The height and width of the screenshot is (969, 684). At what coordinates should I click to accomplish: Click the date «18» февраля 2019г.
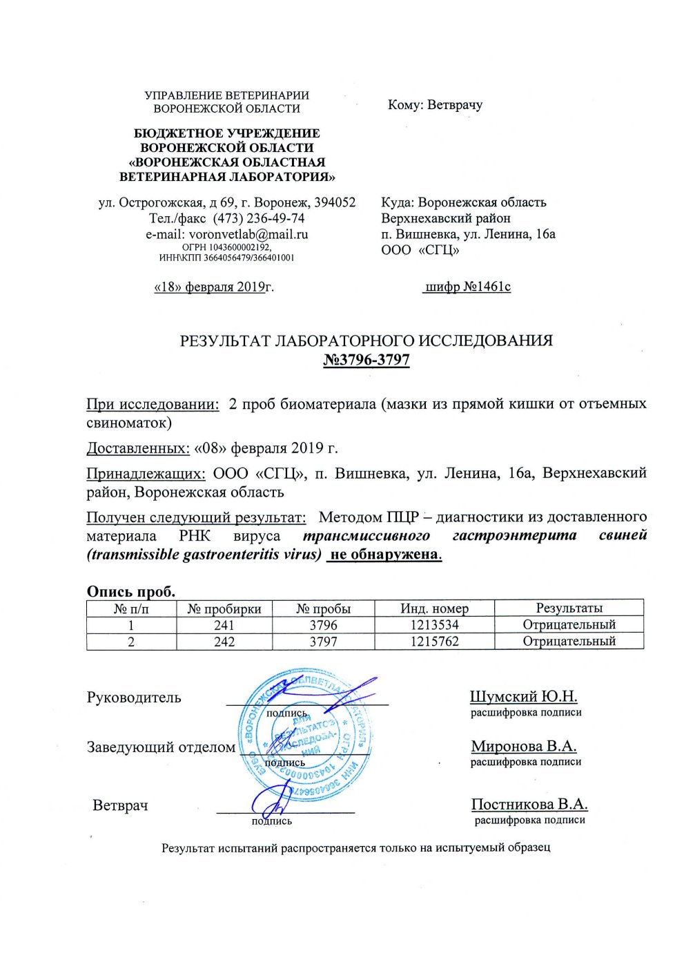point(213,287)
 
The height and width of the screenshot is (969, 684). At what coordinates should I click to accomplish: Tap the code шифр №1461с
point(467,287)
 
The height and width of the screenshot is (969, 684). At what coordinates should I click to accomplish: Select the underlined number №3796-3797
point(367,360)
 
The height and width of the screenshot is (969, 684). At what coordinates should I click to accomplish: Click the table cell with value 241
point(224,625)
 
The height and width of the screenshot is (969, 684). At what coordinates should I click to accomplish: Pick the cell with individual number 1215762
point(434,642)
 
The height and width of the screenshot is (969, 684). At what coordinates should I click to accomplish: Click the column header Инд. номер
point(434,608)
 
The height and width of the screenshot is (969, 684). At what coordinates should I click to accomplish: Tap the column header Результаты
point(569,608)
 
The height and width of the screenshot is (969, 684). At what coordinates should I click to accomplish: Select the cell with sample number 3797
point(323,642)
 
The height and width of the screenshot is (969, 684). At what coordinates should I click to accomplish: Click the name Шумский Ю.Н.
point(523,697)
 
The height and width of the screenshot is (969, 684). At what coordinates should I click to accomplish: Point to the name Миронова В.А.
point(523,747)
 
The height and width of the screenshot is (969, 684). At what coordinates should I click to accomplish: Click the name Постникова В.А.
point(529,805)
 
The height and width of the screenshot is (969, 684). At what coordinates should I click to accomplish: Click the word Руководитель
point(134,698)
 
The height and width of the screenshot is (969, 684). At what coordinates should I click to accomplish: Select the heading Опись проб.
point(131,591)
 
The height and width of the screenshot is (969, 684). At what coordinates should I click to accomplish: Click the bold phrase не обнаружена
point(384,554)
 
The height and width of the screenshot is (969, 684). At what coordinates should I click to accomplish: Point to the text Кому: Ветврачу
point(435,105)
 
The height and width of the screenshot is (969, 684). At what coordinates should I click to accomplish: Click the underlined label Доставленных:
point(138,448)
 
